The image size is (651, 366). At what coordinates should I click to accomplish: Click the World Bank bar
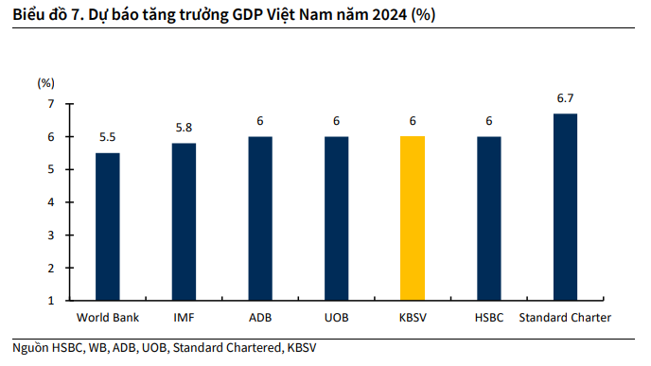(x=108, y=226)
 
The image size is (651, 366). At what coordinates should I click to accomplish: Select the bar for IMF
(x=184, y=221)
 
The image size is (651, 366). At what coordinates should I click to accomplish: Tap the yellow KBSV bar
(x=413, y=218)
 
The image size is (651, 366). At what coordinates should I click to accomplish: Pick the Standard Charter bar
(x=565, y=206)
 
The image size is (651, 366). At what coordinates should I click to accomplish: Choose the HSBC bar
(x=489, y=218)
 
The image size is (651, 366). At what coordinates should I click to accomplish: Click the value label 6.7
(x=566, y=98)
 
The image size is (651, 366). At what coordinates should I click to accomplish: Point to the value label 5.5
(x=108, y=138)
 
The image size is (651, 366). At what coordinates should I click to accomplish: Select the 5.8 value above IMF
(x=184, y=128)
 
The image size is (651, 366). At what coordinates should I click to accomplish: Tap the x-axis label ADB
(x=260, y=317)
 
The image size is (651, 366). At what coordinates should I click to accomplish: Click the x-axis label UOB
(x=336, y=317)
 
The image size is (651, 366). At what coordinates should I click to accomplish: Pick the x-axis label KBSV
(x=413, y=317)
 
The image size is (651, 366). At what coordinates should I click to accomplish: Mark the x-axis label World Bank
(x=108, y=317)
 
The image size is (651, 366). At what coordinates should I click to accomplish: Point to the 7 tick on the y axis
(x=51, y=104)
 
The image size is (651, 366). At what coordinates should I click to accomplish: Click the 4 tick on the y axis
(x=51, y=202)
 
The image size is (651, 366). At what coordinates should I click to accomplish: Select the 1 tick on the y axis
(x=51, y=300)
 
